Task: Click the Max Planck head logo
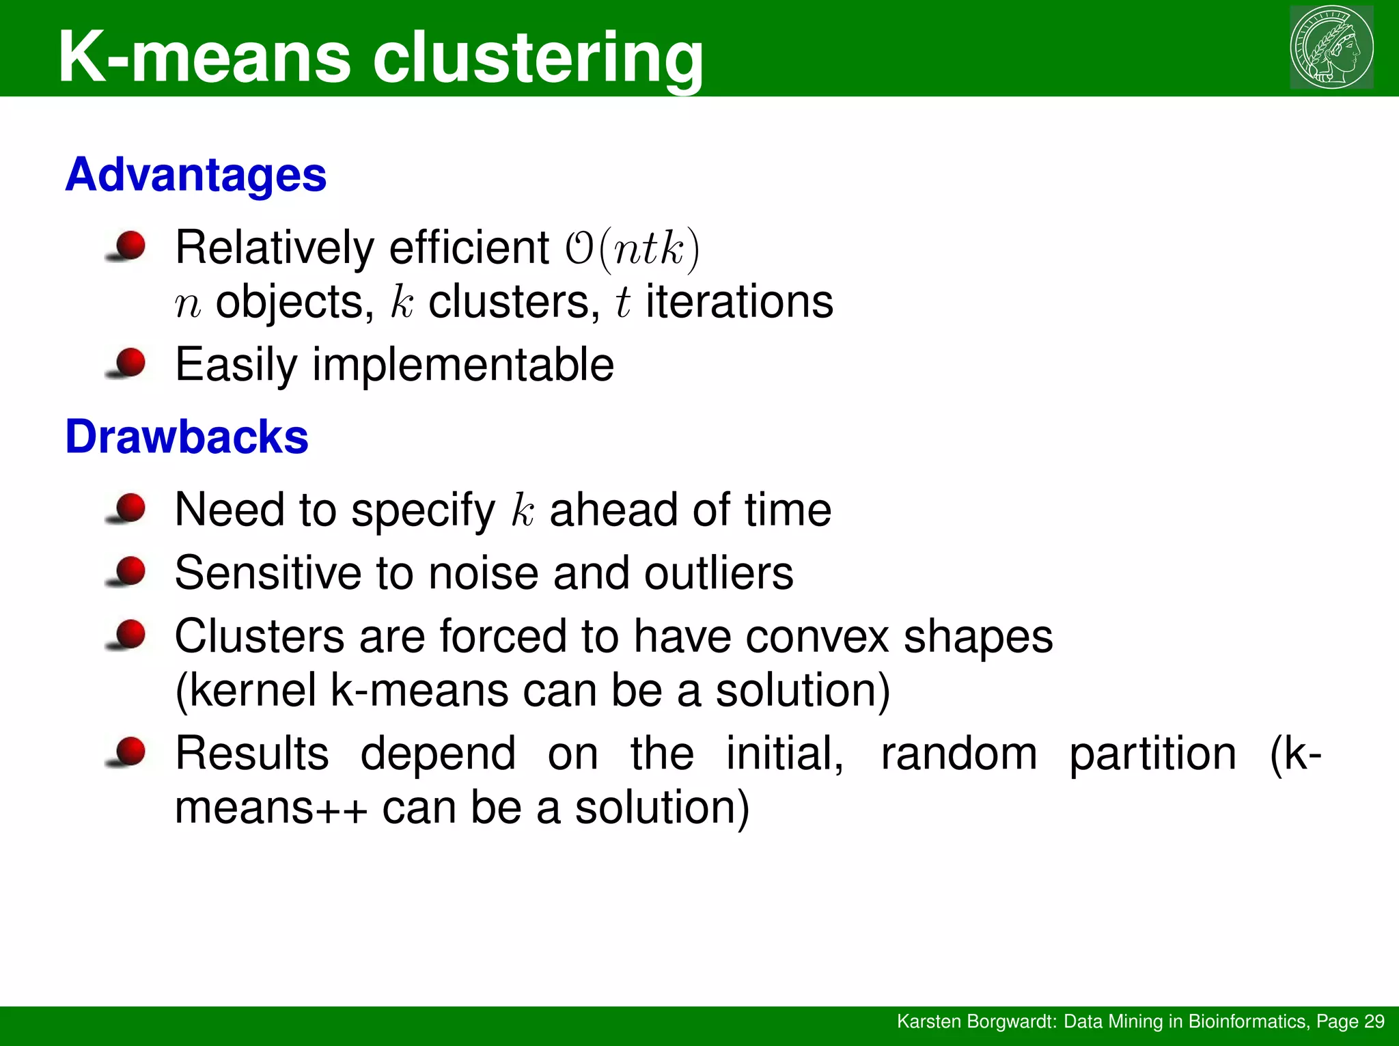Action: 1331,47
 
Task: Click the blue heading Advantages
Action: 196,175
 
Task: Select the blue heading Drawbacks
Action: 186,437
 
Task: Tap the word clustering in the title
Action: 538,57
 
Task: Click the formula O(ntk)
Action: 632,248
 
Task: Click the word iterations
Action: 739,301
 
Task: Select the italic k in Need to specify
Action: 523,510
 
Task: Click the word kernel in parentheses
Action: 253,690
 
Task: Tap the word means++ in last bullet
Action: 271,808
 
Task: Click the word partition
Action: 1152,754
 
